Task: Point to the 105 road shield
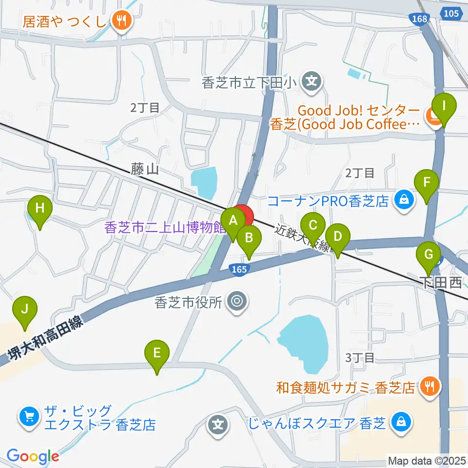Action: point(451,13)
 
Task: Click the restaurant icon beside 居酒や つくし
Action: point(119,20)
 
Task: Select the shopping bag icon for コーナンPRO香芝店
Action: point(404,199)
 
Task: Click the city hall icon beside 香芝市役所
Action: point(237,301)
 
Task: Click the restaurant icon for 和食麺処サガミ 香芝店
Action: point(429,387)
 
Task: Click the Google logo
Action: point(33,456)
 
